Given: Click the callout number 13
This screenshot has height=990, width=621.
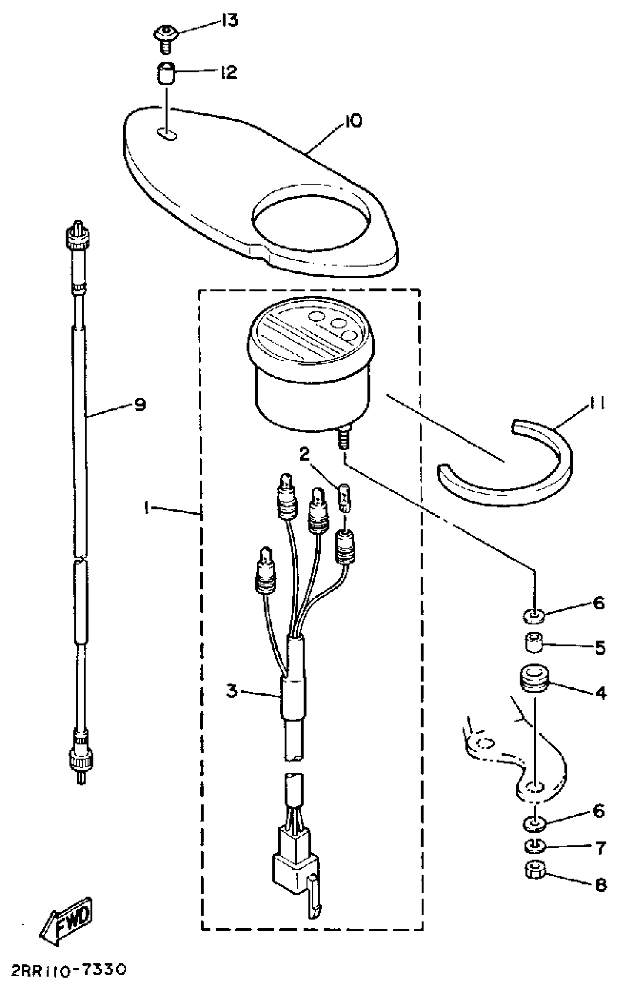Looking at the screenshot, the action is pyautogui.click(x=230, y=20).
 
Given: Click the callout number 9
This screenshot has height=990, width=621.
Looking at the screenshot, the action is pyautogui.click(x=140, y=405).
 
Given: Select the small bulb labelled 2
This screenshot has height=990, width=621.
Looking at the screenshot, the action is pyautogui.click(x=344, y=498).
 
